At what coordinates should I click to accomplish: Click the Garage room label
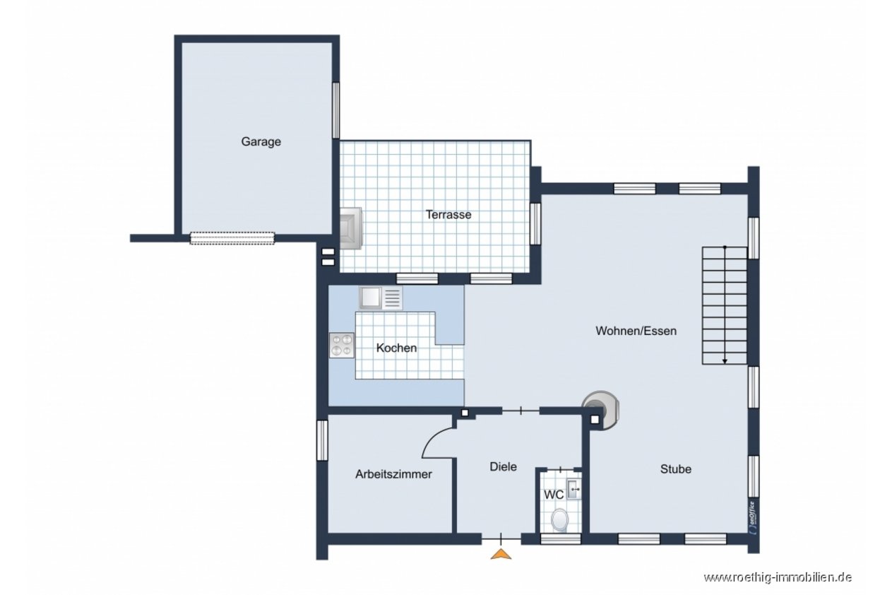(261, 142)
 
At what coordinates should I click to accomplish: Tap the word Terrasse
(448, 215)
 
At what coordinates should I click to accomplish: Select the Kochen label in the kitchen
(396, 348)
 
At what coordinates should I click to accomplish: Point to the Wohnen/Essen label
(636, 331)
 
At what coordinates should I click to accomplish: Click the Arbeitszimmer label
(393, 474)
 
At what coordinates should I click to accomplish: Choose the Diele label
(503, 466)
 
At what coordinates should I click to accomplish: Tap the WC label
(554, 495)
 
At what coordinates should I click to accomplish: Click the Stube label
(675, 469)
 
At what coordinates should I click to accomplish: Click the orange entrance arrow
(501, 554)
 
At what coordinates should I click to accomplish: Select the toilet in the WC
(560, 519)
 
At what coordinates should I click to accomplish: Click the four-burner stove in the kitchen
(342, 345)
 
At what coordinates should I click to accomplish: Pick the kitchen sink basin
(370, 297)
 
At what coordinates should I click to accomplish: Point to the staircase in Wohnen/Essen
(725, 305)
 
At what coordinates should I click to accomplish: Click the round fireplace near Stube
(600, 411)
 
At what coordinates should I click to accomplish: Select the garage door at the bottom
(232, 238)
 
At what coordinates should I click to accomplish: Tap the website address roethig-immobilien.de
(778, 577)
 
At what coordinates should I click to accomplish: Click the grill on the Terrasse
(350, 228)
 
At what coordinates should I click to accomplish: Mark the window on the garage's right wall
(335, 110)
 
